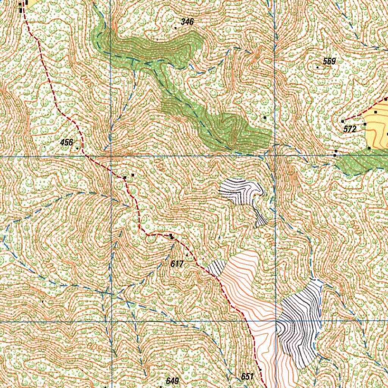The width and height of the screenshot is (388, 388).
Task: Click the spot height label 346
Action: (187, 22)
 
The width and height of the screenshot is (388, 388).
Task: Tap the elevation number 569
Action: (329, 61)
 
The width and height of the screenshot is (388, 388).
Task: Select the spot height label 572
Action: (350, 130)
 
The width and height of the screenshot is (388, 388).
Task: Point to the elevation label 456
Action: (66, 142)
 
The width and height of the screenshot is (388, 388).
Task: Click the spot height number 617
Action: (177, 264)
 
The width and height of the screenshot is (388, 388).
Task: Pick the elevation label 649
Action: (172, 380)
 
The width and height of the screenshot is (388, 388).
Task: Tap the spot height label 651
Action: (247, 376)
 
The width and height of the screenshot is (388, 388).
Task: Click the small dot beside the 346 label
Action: (175, 28)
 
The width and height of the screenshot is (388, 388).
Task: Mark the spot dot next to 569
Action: (318, 67)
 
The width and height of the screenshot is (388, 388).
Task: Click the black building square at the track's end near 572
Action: (343, 121)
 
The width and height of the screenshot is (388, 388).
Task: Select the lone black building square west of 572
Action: (265, 118)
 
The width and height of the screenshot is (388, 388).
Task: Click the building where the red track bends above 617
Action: (172, 236)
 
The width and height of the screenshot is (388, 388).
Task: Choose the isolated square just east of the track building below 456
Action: (133, 175)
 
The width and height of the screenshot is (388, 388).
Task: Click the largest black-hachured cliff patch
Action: (299, 322)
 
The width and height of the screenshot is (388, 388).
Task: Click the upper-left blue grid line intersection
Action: (110, 156)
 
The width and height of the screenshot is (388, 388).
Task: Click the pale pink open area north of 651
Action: (246, 280)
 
